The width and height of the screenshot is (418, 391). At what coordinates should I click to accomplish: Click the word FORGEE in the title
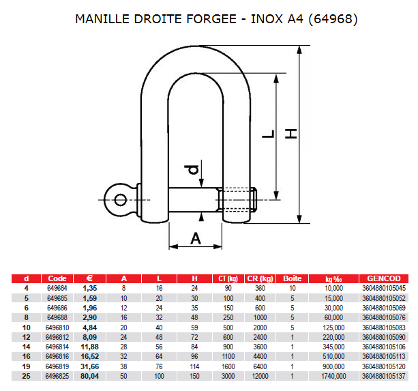pyautogui.click(x=211, y=19)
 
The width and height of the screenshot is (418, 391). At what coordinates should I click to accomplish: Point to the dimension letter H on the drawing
pyautogui.click(x=291, y=134)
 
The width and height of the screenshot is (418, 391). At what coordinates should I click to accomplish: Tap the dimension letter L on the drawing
pyautogui.click(x=268, y=134)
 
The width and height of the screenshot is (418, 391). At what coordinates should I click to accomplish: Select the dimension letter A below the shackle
pyautogui.click(x=196, y=238)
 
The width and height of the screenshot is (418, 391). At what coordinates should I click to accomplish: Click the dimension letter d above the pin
pyautogui.click(x=192, y=170)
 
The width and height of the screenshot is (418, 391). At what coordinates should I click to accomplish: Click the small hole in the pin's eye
pyautogui.click(x=120, y=200)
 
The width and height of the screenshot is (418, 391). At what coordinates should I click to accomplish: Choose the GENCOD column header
pyautogui.click(x=384, y=278)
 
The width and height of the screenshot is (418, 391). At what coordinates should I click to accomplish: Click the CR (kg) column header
pyautogui.click(x=260, y=278)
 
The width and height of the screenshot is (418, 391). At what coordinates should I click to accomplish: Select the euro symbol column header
pyautogui.click(x=89, y=278)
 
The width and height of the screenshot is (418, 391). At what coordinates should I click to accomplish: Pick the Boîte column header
pyautogui.click(x=292, y=278)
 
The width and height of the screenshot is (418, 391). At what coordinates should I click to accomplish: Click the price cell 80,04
pyautogui.click(x=89, y=376)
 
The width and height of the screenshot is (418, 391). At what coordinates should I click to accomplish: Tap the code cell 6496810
pyautogui.click(x=57, y=328)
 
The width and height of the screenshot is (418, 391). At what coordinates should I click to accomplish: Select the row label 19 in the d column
pyautogui.click(x=26, y=366)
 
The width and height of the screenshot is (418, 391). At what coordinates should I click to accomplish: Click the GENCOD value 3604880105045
pyautogui.click(x=384, y=288)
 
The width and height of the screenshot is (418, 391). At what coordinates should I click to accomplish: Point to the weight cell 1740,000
pyautogui.click(x=333, y=376)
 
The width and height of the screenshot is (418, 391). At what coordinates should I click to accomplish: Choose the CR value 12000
pyautogui.click(x=260, y=376)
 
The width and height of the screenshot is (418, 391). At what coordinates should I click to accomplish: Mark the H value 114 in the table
pyautogui.click(x=194, y=366)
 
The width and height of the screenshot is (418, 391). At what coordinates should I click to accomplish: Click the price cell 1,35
pyautogui.click(x=89, y=288)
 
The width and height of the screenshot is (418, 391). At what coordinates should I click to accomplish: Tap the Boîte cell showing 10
pyautogui.click(x=292, y=288)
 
